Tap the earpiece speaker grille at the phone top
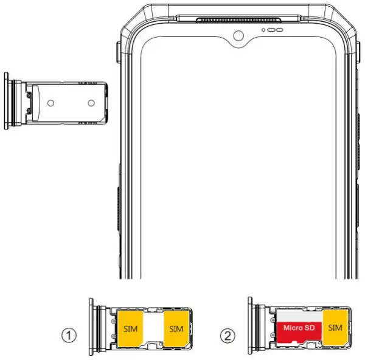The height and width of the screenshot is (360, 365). [239, 20]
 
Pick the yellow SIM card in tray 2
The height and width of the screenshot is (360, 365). [335, 328]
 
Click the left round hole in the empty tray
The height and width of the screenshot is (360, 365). [52, 102]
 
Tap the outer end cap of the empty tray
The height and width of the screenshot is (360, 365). [7, 100]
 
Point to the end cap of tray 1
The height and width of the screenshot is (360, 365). [91, 328]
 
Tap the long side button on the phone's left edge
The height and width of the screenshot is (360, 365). [117, 210]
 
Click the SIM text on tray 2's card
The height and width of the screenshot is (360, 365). [335, 328]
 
